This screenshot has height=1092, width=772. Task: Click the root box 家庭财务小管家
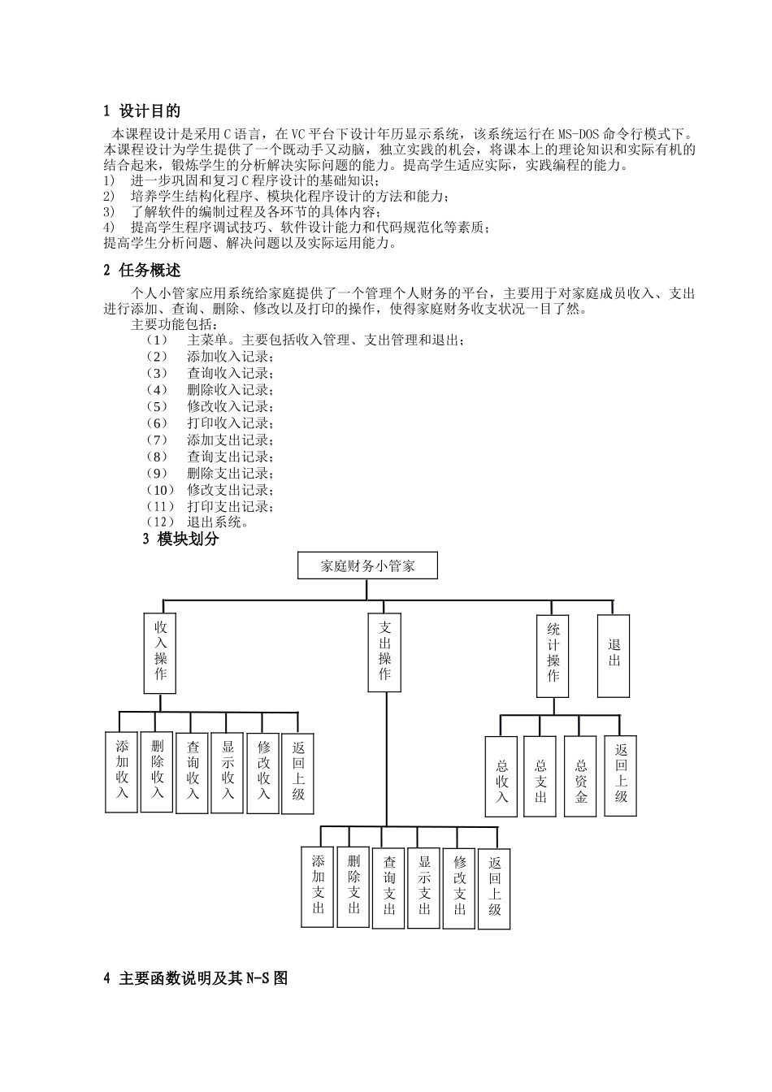[x=368, y=566]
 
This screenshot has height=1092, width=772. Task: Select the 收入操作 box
[x=160, y=653]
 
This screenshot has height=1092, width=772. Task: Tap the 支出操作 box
[x=384, y=652]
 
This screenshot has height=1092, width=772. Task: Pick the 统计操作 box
[x=553, y=656]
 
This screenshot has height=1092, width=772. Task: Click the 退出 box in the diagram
[x=614, y=655]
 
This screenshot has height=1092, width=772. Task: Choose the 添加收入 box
[x=122, y=771]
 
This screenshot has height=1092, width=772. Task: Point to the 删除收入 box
[x=157, y=770]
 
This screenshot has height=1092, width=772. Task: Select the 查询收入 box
[x=193, y=773]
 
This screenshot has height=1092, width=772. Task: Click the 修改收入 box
[x=263, y=773]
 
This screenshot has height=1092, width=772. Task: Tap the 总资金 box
[x=580, y=776]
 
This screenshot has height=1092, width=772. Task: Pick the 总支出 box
[x=540, y=776]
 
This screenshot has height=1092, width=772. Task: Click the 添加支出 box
[x=318, y=887]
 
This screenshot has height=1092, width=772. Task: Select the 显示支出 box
[x=424, y=887]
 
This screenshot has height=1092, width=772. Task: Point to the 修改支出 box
[x=460, y=887]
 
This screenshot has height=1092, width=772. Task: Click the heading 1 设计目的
[x=142, y=111]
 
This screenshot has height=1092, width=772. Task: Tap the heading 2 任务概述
[x=142, y=271]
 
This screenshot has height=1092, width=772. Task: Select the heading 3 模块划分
[x=181, y=539]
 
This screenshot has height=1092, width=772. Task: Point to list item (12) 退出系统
[x=198, y=522]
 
